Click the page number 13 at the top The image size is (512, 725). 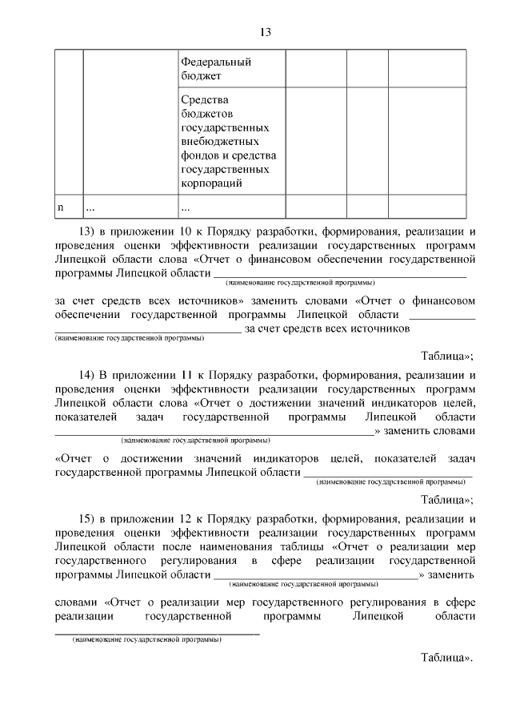266,32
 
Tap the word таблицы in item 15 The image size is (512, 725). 300,547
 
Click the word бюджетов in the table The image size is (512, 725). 208,115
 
